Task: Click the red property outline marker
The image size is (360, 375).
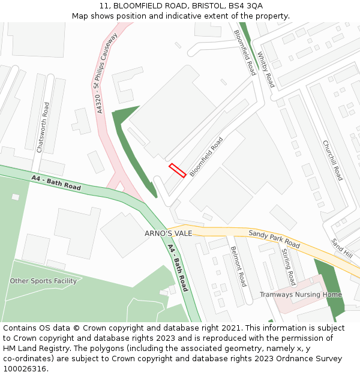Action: coord(177,170)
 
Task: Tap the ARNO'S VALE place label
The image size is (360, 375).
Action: coord(168,233)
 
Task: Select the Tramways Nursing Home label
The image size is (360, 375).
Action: coord(301,295)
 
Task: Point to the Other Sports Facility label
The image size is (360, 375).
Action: coord(43,281)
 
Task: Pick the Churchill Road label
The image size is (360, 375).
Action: coord(332,160)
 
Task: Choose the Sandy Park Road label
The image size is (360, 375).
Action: coord(274,239)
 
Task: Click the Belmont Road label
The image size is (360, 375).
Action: coord(238,266)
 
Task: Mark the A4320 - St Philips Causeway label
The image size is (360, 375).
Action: coord(106,73)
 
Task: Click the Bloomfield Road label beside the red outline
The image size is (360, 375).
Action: coord(206,157)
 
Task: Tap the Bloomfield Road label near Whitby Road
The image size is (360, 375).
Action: coord(245,52)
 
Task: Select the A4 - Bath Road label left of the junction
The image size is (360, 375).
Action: coord(56,182)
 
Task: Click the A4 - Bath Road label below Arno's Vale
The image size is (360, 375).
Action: coord(178,268)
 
